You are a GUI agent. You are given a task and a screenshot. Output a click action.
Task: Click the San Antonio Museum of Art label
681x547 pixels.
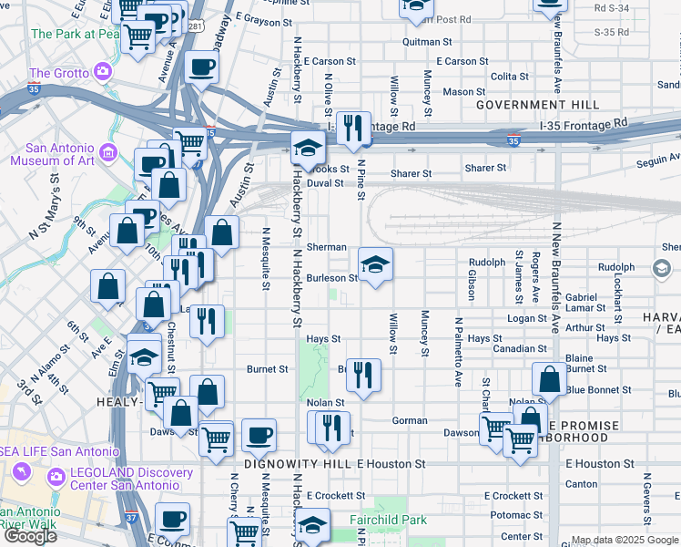52,155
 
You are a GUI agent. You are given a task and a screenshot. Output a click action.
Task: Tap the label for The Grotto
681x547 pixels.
58,73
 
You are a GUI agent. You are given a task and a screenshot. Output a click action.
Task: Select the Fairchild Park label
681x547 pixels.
389,520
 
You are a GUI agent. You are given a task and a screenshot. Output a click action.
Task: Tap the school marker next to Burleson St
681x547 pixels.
375,265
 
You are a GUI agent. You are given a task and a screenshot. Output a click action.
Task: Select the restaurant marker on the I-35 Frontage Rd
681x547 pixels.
353,129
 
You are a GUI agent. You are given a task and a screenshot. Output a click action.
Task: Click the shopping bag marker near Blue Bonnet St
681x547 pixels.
550,382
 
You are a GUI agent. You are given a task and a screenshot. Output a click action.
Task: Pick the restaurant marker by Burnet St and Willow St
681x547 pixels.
363,377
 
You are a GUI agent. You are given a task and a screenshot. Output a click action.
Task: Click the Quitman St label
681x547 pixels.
427,42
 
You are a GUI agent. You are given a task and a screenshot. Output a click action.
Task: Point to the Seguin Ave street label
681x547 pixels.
654,160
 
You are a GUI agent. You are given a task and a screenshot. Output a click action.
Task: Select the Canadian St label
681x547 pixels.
519,348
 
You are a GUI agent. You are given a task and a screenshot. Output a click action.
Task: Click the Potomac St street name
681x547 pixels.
515,515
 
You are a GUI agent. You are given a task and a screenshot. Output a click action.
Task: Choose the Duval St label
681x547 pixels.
325,182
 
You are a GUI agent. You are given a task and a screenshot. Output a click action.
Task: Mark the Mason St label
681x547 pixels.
464,92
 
